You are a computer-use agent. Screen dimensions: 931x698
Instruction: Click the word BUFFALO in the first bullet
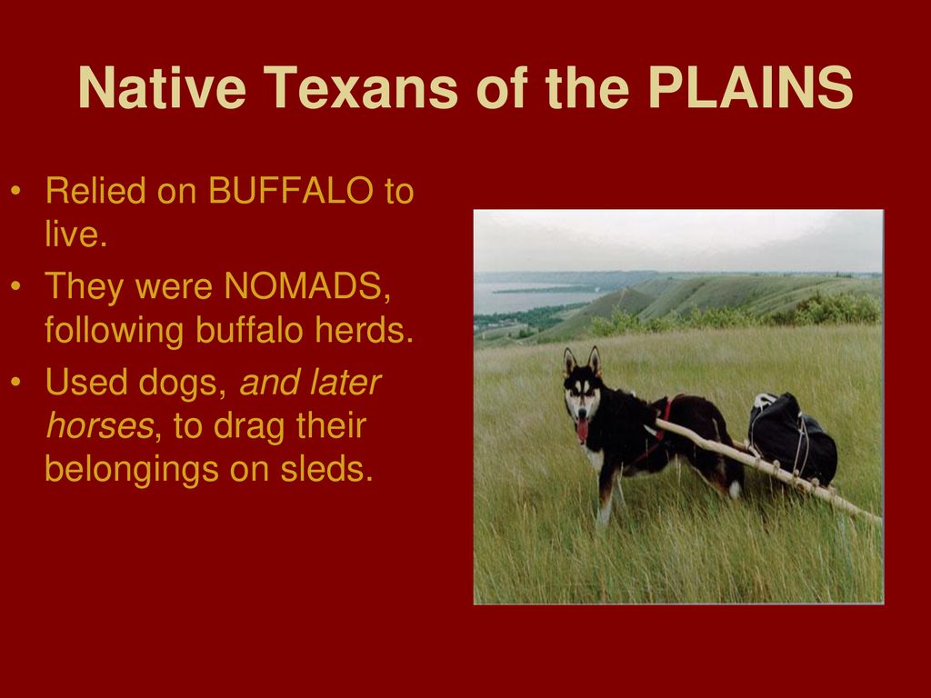tap(291, 191)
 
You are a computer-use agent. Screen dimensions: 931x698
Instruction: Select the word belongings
tap(132, 470)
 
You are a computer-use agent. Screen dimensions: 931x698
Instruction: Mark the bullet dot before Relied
tap(16, 191)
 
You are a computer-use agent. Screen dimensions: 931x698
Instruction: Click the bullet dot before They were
tap(16, 286)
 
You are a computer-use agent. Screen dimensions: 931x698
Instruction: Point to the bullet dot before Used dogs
tap(16, 382)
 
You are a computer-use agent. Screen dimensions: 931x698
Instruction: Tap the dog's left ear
tap(569, 362)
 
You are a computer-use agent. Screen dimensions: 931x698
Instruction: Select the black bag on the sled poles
tap(792, 437)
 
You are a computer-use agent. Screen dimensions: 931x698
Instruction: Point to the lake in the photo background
tap(535, 296)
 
